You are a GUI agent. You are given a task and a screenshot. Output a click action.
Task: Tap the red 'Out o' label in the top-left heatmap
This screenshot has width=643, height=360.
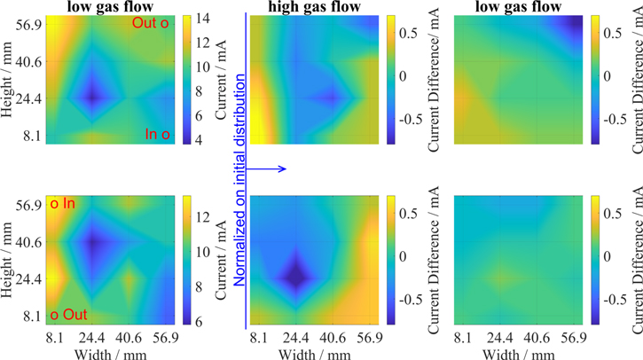[150, 23]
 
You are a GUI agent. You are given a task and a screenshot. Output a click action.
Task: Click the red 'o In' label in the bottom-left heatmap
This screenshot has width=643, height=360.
[63, 204]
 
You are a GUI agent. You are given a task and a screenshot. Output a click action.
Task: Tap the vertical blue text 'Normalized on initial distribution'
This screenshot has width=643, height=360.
[239, 168]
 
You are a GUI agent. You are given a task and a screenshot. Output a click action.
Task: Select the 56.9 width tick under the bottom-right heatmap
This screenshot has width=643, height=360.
[568, 337]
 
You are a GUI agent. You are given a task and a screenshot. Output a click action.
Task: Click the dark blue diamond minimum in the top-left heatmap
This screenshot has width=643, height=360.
[93, 96]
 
